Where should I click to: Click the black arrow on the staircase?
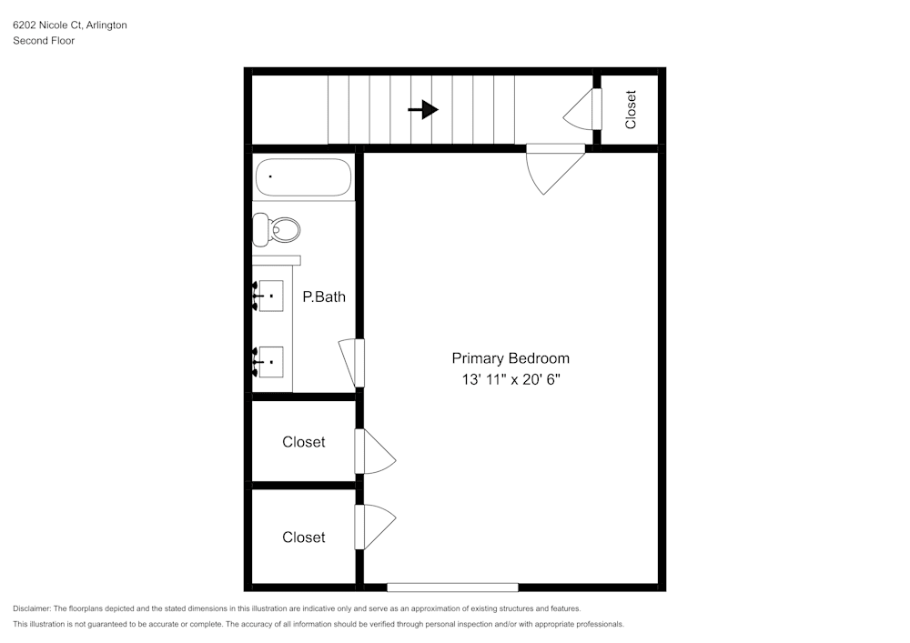click(423, 110)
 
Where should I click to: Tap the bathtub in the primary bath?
click(303, 177)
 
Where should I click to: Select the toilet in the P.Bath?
click(278, 229)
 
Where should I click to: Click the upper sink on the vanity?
click(271, 296)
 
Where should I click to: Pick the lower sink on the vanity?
click(271, 362)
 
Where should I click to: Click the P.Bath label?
click(324, 296)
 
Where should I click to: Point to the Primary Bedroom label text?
click(511, 358)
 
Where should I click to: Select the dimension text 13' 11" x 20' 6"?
click(511, 380)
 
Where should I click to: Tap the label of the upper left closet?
click(303, 442)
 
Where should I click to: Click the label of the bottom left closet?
click(303, 538)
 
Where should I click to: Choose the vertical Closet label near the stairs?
click(631, 109)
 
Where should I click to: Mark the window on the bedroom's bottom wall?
click(452, 588)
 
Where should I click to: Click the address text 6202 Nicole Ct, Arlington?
click(70, 25)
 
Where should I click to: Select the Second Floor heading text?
click(44, 41)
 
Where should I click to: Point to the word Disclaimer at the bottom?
click(32, 608)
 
